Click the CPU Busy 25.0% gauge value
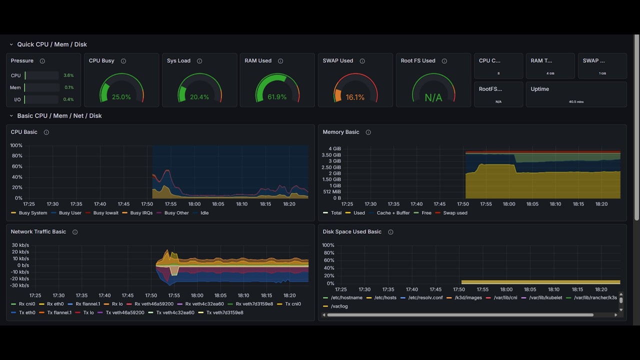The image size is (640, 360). pyautogui.click(x=121, y=97)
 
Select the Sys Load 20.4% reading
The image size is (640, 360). pyautogui.click(x=199, y=97)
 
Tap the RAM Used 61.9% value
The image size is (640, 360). pyautogui.click(x=277, y=97)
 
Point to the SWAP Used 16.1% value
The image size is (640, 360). pyautogui.click(x=355, y=97)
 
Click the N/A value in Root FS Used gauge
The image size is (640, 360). pyautogui.click(x=433, y=98)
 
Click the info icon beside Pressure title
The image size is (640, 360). pyautogui.click(x=42, y=61)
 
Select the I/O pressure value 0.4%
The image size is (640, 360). pyautogui.click(x=68, y=99)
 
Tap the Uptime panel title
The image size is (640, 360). pyautogui.click(x=539, y=89)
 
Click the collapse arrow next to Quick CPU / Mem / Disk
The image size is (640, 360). pyautogui.click(x=11, y=44)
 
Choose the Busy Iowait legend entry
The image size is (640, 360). pyautogui.click(x=105, y=213)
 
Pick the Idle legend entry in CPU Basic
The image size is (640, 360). pyautogui.click(x=204, y=213)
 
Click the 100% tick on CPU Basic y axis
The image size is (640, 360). pyautogui.click(x=16, y=145)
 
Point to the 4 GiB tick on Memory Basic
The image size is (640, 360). pyautogui.click(x=334, y=149)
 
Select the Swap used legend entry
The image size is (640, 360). pyautogui.click(x=455, y=213)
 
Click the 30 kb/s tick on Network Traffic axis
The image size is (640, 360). pyautogui.click(x=20, y=245)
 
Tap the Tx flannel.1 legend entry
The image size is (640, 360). pyautogui.click(x=59, y=312)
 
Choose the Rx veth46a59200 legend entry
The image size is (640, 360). pyautogui.click(x=153, y=304)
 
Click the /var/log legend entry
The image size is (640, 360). pyautogui.click(x=339, y=306)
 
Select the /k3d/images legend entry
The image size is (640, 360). pyautogui.click(x=468, y=297)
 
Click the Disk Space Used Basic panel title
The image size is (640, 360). pyautogui.click(x=352, y=232)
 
